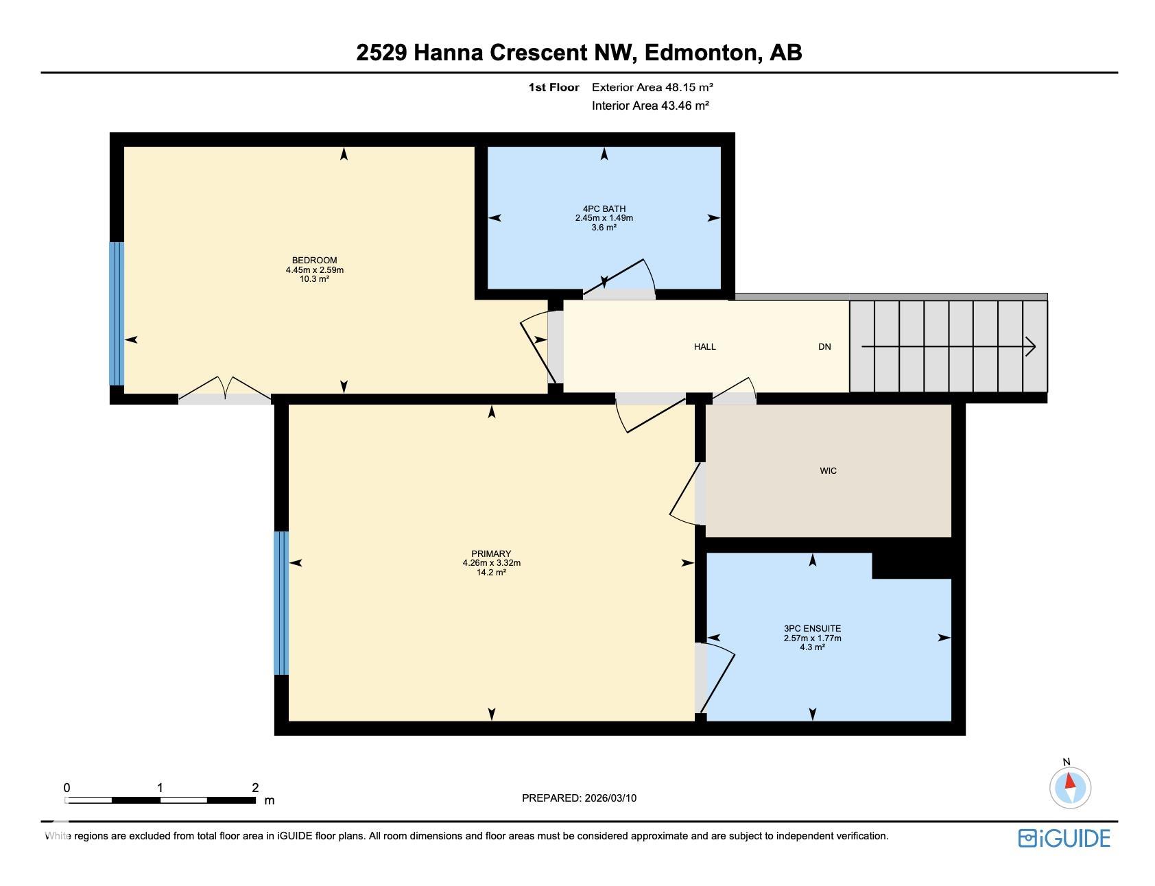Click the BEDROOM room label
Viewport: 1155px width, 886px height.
314,260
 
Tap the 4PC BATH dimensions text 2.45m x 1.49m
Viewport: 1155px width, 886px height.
604,218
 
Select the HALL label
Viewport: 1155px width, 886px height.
704,347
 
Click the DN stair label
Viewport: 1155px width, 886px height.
824,347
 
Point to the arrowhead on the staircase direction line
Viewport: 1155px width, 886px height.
1031,347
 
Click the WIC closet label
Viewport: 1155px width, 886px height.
828,471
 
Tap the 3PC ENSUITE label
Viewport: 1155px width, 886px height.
812,628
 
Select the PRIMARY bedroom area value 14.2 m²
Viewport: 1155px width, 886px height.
491,573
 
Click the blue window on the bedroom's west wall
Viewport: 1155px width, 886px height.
117,313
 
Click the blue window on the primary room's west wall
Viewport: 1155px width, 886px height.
281,603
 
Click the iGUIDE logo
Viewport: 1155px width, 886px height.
1064,838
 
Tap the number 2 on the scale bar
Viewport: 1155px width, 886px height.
255,787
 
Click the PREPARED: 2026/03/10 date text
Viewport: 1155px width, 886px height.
579,798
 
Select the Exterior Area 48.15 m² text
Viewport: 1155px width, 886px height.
652,87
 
